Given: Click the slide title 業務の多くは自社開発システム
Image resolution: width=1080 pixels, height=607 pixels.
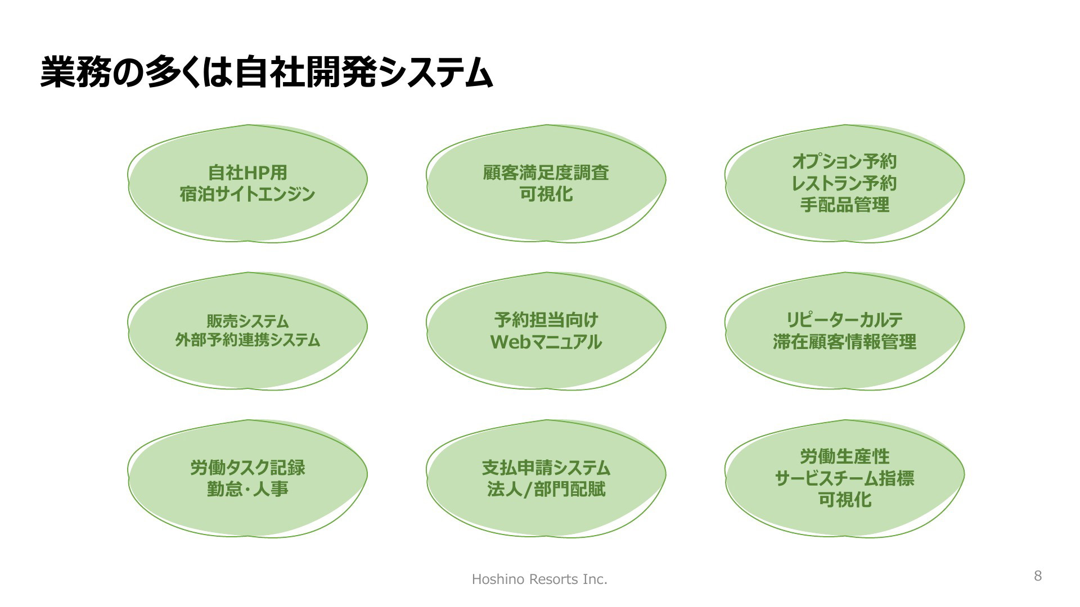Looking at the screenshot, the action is pyautogui.click(x=267, y=73).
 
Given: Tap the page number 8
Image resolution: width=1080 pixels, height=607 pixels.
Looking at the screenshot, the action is pyautogui.click(x=1038, y=576).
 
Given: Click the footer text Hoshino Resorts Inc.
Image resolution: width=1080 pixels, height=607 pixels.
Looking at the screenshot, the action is pyautogui.click(x=539, y=579).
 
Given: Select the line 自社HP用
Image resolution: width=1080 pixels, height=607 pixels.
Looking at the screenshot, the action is pyautogui.click(x=247, y=172).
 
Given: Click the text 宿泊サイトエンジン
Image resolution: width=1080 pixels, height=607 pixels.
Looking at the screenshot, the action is pyautogui.click(x=247, y=194).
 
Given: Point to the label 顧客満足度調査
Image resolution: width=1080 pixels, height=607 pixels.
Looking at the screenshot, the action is pyautogui.click(x=546, y=172).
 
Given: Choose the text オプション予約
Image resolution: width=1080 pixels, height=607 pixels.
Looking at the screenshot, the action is pyautogui.click(x=844, y=161).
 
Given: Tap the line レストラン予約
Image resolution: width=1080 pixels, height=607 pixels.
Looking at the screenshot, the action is pyautogui.click(x=844, y=183).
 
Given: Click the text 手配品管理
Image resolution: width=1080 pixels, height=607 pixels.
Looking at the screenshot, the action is pyautogui.click(x=844, y=205).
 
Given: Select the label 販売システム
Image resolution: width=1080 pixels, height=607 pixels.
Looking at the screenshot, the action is pyautogui.click(x=247, y=321).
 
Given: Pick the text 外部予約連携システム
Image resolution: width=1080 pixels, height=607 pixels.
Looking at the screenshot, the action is pyautogui.click(x=247, y=340).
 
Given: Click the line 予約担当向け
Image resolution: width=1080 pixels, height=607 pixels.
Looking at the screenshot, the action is pyautogui.click(x=546, y=320).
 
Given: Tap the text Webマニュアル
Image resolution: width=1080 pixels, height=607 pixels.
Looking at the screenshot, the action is pyautogui.click(x=546, y=342).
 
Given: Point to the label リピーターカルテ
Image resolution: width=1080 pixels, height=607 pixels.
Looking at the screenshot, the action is pyautogui.click(x=844, y=320).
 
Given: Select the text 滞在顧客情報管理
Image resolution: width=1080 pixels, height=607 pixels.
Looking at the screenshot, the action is pyautogui.click(x=844, y=342).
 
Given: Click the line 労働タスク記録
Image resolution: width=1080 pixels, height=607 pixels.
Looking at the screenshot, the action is pyautogui.click(x=247, y=467).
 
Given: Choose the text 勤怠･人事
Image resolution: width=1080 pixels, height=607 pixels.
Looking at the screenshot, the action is pyautogui.click(x=247, y=489).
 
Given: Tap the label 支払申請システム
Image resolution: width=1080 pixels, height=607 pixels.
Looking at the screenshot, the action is pyautogui.click(x=546, y=467).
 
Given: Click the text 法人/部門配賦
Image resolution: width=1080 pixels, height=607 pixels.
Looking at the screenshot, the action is pyautogui.click(x=546, y=489).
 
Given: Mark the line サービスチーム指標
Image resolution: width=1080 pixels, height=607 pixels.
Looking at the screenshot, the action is pyautogui.click(x=844, y=478).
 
